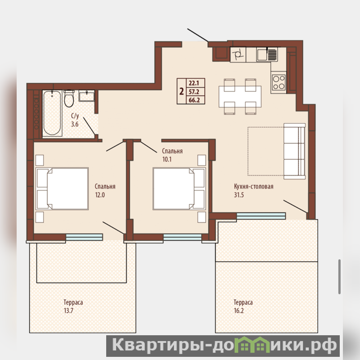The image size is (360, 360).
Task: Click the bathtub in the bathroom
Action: coord(52,113)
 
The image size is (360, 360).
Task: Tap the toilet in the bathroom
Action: coord(69,99)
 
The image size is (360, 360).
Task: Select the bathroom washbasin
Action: coord(86,96)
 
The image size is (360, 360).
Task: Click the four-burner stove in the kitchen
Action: coord(279,82)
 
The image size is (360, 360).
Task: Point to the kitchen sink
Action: coord(267,54)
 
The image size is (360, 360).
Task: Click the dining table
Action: coord(240,96)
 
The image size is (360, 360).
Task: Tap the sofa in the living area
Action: coord(295,151)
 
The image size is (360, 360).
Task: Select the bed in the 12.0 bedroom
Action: coord(62,189)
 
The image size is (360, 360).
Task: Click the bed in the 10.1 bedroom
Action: coord(179,189)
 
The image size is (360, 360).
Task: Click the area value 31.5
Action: coord(239,195)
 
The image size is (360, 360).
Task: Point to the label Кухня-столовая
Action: coord(254,186)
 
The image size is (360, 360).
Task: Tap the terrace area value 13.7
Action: coord(68,310)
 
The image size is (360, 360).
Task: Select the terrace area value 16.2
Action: coord(239,310)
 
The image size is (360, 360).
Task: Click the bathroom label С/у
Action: coord(75,115)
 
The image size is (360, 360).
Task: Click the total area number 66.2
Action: coord(194,100)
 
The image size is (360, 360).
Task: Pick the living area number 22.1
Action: coord(194,83)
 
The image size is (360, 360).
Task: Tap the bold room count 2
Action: coord(182,91)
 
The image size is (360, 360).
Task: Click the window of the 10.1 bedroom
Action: coord(182,237)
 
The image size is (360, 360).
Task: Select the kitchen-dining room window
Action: coord(261,216)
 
